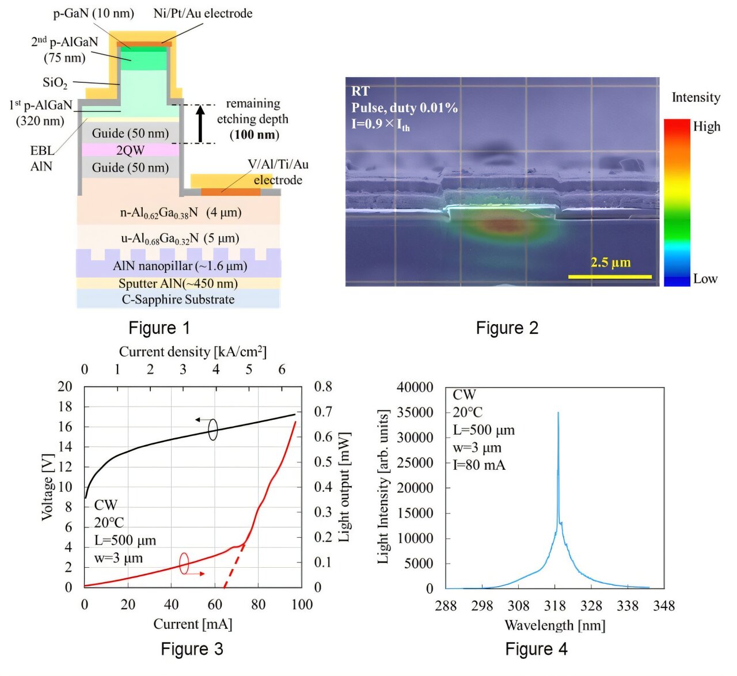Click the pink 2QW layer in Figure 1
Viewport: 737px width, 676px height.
click(130, 150)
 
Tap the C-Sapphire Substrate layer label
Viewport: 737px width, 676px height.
click(178, 299)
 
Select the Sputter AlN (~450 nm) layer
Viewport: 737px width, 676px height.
click(178, 283)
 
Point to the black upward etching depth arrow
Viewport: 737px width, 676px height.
click(200, 123)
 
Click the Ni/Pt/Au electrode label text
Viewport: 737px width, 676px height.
click(203, 13)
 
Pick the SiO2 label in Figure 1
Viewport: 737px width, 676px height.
click(55, 83)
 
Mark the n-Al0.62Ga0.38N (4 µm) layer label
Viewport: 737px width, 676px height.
click(180, 212)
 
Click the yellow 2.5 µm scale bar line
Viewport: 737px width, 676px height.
click(610, 277)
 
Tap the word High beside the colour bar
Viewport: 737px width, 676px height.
click(706, 127)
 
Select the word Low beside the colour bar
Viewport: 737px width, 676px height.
click(705, 279)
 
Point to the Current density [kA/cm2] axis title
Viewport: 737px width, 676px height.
click(192, 352)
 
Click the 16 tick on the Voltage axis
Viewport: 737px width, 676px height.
click(65, 427)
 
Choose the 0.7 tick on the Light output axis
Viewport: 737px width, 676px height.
click(323, 412)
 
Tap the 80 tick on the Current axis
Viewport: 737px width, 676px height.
click(259, 605)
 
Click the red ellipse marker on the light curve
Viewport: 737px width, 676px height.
click(184, 563)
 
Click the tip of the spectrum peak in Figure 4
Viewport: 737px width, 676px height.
click(558, 413)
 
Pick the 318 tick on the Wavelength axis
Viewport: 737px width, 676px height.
click(555, 606)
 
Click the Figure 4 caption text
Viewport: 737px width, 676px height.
click(536, 649)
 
